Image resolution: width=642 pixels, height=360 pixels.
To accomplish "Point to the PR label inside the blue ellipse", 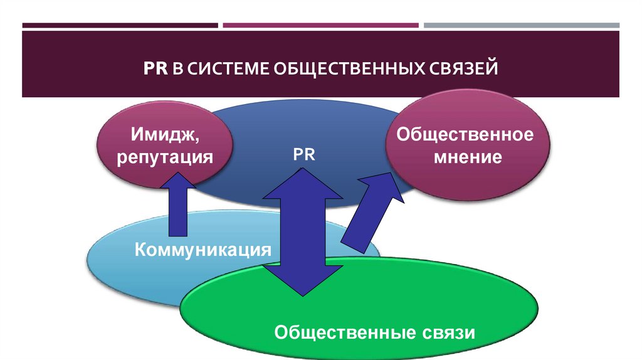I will (x=303, y=154).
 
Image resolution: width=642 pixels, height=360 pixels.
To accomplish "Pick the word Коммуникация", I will (x=204, y=250).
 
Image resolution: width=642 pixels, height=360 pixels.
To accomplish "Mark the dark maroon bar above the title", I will (x=120, y=26).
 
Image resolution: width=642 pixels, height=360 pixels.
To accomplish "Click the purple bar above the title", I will (x=320, y=26).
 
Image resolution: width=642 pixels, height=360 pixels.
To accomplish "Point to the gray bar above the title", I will (x=521, y=26).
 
